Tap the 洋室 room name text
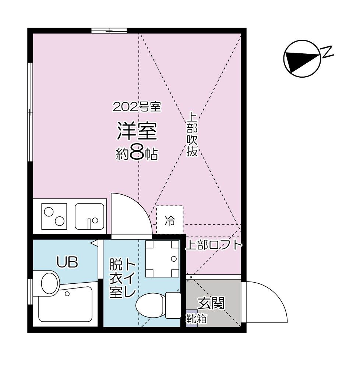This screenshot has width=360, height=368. tap(137, 132)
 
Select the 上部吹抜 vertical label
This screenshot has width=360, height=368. tap(192, 134)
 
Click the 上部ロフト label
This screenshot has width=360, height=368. tap(213, 245)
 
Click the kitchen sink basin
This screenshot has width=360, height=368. tap(89, 216)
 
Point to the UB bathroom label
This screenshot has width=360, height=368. tap(67, 262)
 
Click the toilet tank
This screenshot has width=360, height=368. tap(173, 305)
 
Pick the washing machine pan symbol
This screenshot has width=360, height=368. tap(162, 259)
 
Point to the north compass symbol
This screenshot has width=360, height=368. tap(301, 59)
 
